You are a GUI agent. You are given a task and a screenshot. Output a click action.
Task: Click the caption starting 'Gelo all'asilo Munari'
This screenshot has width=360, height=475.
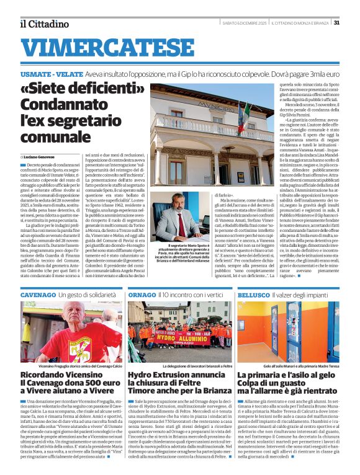click(x=296, y=367)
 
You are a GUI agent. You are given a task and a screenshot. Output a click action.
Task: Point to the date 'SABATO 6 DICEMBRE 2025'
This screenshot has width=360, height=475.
click(x=243, y=23)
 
